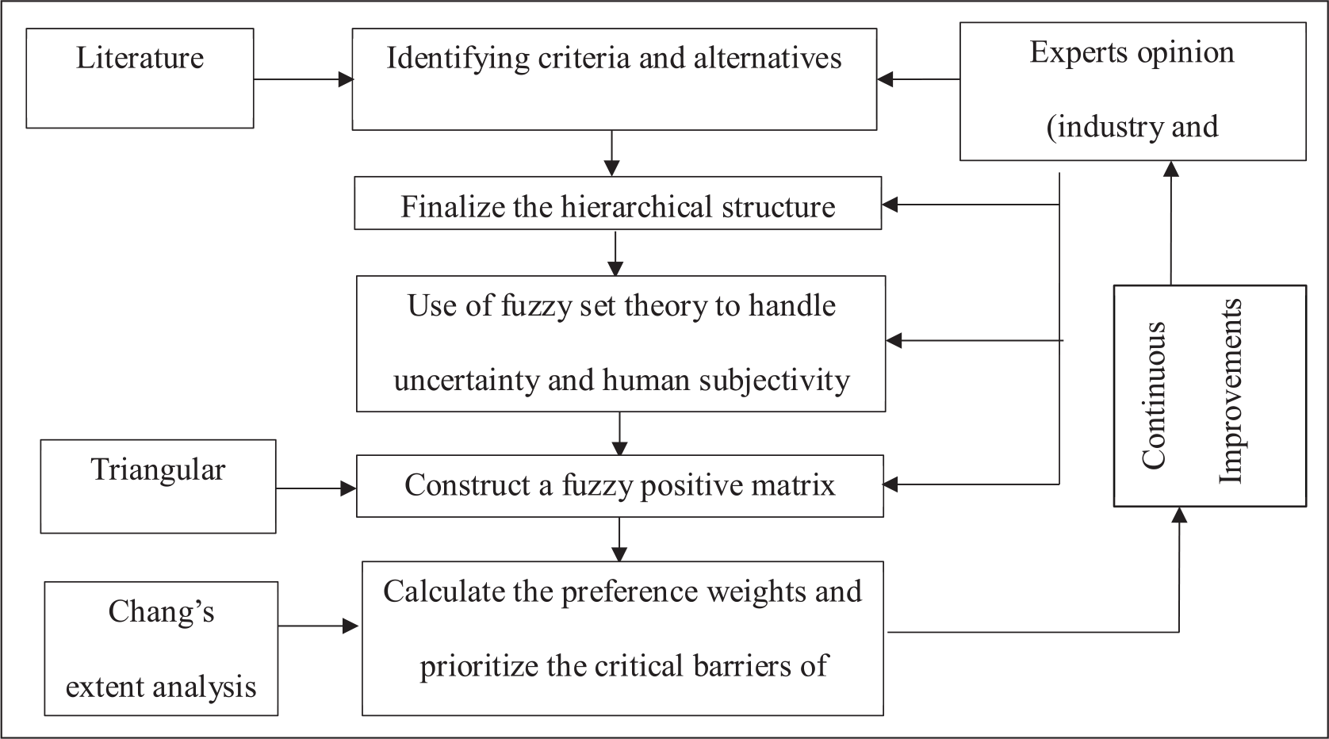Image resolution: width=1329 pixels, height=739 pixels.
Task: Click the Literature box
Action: (x=140, y=78)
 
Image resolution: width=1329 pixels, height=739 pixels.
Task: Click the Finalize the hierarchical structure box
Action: (x=618, y=203)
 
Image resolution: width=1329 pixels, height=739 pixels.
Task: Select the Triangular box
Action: (x=159, y=486)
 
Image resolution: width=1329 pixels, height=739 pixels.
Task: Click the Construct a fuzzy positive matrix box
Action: (x=620, y=486)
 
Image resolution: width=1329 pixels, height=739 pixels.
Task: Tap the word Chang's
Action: (x=161, y=611)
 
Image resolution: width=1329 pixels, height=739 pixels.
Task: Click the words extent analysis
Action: (x=161, y=687)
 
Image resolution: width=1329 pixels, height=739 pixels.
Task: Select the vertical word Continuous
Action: (x=1154, y=396)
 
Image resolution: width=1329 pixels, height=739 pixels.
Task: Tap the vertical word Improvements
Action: (x=1230, y=392)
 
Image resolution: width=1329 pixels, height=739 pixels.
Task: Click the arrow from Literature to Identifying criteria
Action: (x=304, y=78)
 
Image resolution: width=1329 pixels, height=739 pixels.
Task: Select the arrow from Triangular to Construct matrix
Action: (x=316, y=488)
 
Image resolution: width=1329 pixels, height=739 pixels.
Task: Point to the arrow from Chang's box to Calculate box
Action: (x=319, y=626)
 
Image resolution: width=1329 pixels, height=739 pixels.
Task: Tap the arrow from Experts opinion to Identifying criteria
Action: (x=918, y=78)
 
